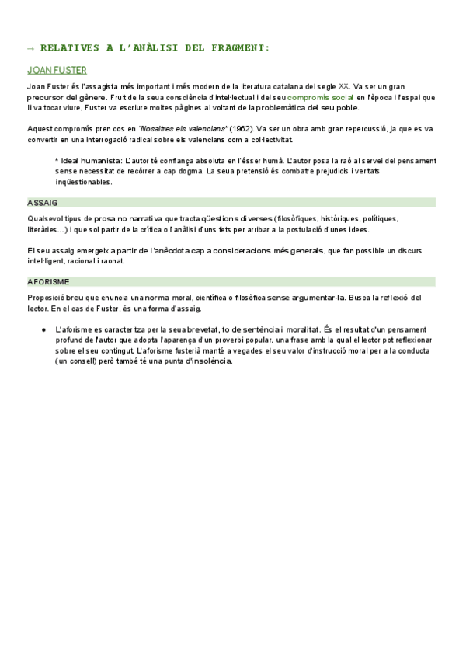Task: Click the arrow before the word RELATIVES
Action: tap(32, 48)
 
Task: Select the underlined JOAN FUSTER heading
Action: tap(57, 70)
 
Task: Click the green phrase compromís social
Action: tap(321, 98)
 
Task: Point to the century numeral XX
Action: tap(344, 87)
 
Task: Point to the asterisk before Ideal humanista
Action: tap(57, 161)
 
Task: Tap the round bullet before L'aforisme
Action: tap(44, 330)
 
